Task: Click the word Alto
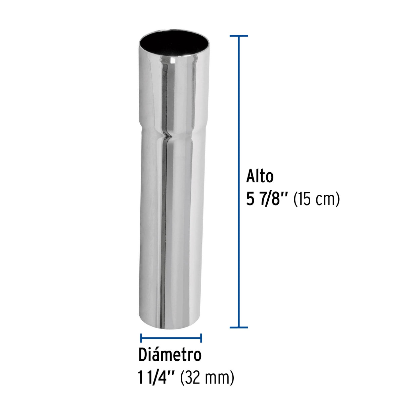click(260, 176)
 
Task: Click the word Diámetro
click(170, 355)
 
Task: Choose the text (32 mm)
click(207, 378)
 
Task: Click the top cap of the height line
click(239, 36)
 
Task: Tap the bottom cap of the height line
click(239, 327)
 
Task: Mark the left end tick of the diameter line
click(141, 338)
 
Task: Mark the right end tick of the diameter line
click(201, 338)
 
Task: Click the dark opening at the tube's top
click(174, 43)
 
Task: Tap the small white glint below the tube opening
click(173, 61)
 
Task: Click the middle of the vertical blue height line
click(239, 181)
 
